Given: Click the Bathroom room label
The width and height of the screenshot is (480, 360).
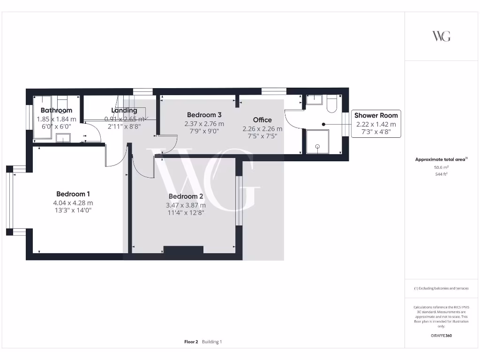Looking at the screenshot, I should (56, 111).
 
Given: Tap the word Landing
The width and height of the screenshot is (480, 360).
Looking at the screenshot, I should (124, 111).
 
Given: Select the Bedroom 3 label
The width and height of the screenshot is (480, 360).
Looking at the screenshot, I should (204, 115).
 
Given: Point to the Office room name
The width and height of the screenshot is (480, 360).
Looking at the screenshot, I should (262, 120).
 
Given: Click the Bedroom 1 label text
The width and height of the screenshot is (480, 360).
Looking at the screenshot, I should (73, 194).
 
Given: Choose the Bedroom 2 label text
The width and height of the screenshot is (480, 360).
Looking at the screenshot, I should (186, 196).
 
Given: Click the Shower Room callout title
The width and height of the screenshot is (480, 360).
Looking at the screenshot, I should (376, 115).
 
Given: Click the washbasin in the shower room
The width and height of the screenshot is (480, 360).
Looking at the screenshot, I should (314, 99).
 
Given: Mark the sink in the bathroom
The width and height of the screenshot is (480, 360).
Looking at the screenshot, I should (63, 137).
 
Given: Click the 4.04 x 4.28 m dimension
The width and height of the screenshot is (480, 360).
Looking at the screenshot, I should (73, 203).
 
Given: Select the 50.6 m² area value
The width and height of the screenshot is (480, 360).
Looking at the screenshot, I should (441, 167).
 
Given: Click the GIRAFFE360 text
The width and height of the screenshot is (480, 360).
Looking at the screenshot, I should (441, 336).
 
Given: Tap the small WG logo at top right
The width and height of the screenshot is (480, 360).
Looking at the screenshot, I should (441, 36).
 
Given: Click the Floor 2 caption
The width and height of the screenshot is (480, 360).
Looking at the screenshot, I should (191, 342).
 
